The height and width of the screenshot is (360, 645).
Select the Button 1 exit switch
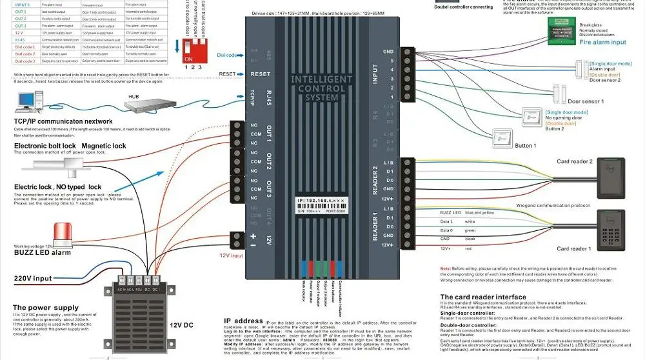pos(503,137)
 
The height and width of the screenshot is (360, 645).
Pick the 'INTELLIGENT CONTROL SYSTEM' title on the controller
pos(322,88)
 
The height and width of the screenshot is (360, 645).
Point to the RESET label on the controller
pos(260,74)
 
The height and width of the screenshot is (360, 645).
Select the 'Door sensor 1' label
pos(585,101)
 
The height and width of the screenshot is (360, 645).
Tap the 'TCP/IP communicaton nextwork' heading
pos(63,121)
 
